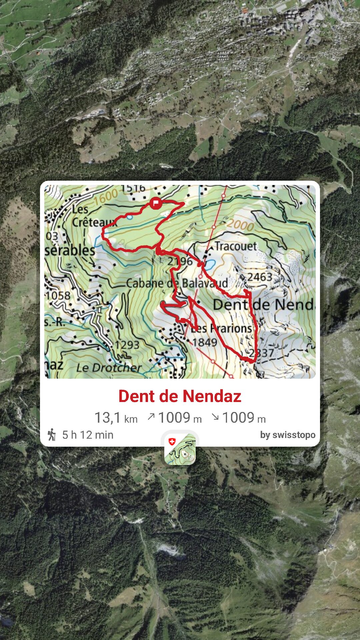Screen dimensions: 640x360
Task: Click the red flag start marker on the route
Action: [156, 203]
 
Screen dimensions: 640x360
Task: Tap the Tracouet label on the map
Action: [235, 246]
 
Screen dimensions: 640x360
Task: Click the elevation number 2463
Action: [259, 277]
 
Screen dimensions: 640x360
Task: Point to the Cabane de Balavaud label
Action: [177, 283]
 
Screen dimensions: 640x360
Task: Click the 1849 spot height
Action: [204, 342]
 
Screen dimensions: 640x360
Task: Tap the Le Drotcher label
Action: [109, 368]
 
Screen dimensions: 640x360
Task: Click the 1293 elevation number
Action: [127, 345]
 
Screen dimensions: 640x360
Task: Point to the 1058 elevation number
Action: [58, 295]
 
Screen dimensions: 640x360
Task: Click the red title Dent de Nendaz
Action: [180, 396]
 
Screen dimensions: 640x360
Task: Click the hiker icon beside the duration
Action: [52, 435]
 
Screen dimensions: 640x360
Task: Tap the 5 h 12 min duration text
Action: [88, 435]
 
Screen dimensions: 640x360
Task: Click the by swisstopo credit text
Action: [288, 435]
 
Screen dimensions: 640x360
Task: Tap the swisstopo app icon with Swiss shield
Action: [180, 449]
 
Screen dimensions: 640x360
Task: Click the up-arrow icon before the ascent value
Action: [151, 416]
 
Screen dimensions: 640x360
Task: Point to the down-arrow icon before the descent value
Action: [215, 416]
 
